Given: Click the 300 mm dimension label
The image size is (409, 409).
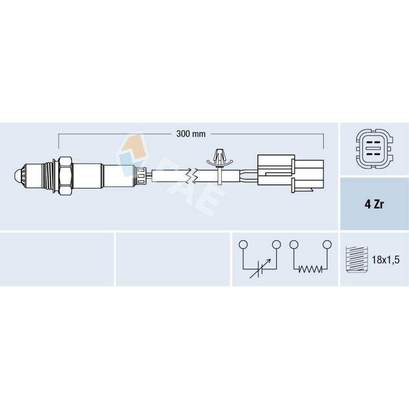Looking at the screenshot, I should [190, 135].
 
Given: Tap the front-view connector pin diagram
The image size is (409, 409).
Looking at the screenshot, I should [373, 150].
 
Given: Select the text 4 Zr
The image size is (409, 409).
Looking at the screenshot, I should [374, 204].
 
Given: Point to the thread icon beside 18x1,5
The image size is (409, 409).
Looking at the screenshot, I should [355, 259].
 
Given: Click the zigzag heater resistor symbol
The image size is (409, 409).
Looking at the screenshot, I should [310, 269].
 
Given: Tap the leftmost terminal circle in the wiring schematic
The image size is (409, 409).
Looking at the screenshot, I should [243, 245].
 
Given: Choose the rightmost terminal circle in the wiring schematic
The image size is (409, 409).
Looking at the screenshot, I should [327, 245].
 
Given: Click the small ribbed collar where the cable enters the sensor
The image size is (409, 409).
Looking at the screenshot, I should [140, 176].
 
